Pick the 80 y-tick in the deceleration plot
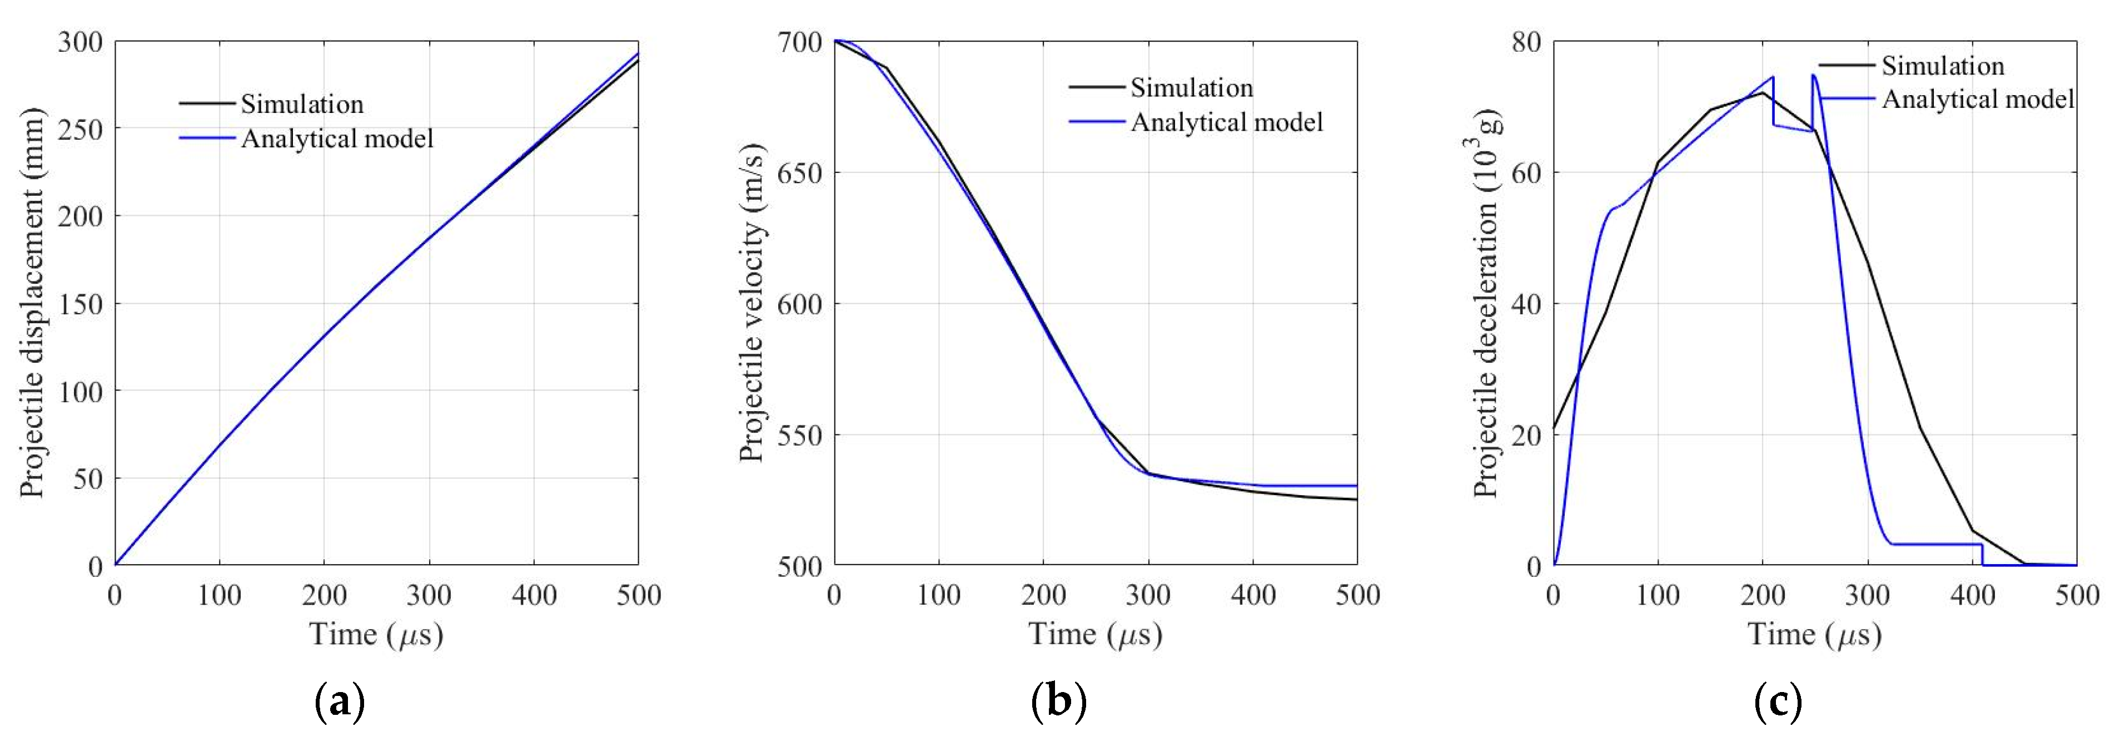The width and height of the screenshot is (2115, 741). coord(1525,41)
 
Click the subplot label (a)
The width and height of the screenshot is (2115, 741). coord(339,703)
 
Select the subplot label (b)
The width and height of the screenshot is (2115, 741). coord(1058,703)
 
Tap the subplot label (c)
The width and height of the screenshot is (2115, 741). coord(1778,703)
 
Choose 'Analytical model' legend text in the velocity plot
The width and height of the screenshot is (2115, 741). coord(1227,122)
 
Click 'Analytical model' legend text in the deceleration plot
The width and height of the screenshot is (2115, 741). coord(1977,100)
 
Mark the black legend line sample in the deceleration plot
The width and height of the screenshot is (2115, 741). coord(1847,65)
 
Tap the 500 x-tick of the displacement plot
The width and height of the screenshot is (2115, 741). coord(638,595)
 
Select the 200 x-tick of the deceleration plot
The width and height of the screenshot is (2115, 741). coord(1763,595)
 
